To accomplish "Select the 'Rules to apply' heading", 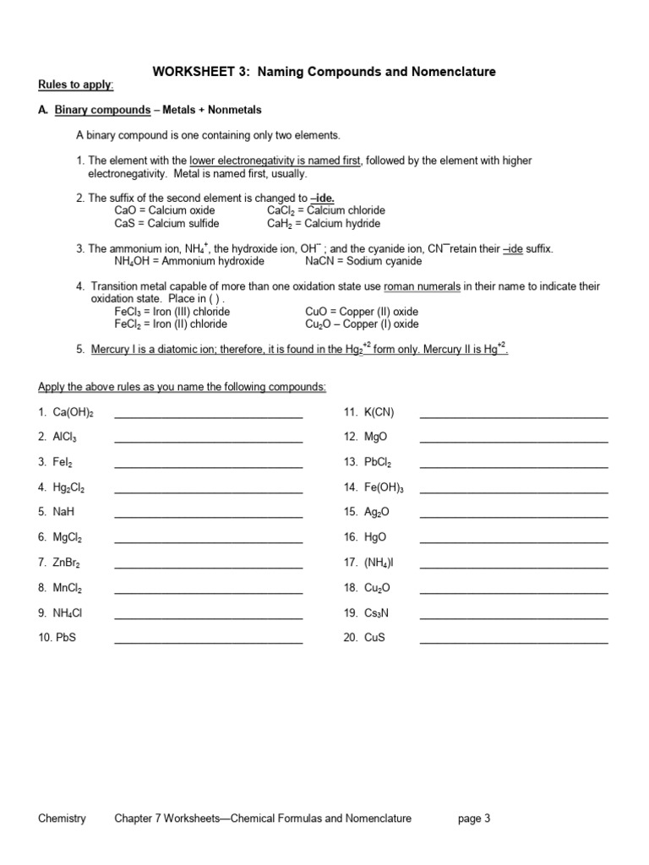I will click(x=76, y=85).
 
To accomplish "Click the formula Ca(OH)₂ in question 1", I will click(x=73, y=412).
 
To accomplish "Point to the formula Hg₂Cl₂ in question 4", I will click(x=68, y=487).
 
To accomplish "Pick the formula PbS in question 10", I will click(x=65, y=638).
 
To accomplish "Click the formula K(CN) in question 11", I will click(x=379, y=412).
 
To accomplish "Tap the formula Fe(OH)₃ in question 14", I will click(x=384, y=487).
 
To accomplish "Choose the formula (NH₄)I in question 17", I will click(x=379, y=563).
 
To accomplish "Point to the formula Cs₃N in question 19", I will click(x=377, y=613).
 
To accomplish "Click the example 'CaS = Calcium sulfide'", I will click(x=166, y=224).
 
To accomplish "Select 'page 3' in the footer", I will click(x=474, y=818).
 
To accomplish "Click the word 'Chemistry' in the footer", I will click(x=62, y=818).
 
